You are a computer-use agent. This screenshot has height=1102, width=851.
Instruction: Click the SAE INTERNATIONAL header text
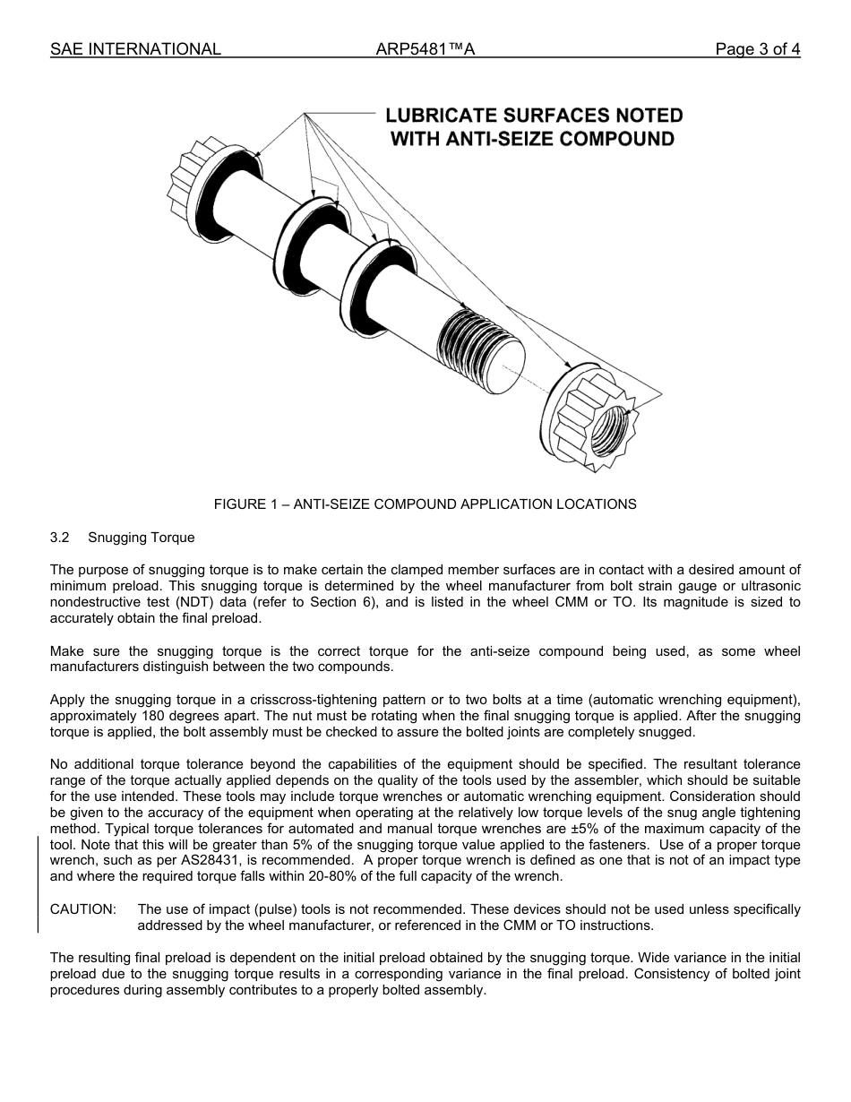coord(135,49)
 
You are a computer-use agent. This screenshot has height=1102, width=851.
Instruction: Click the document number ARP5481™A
coord(425,49)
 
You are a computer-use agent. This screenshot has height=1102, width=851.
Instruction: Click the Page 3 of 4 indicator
coord(757,49)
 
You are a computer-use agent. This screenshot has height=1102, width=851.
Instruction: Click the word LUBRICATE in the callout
coord(442,116)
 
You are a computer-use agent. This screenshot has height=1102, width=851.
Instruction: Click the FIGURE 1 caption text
coord(425,504)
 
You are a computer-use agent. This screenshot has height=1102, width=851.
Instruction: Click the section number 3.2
coord(60,538)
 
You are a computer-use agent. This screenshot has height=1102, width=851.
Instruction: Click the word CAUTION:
coord(82,909)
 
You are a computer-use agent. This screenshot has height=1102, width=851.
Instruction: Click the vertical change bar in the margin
coord(38,883)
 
